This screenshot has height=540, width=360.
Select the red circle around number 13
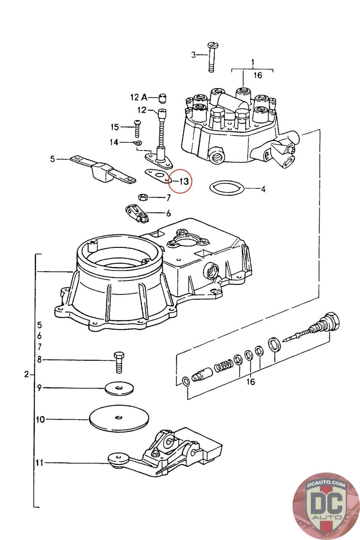point(180,181)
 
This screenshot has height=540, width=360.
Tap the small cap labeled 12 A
point(163,98)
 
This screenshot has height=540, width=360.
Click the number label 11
point(39,463)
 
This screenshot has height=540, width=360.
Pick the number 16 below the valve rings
point(250,382)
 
